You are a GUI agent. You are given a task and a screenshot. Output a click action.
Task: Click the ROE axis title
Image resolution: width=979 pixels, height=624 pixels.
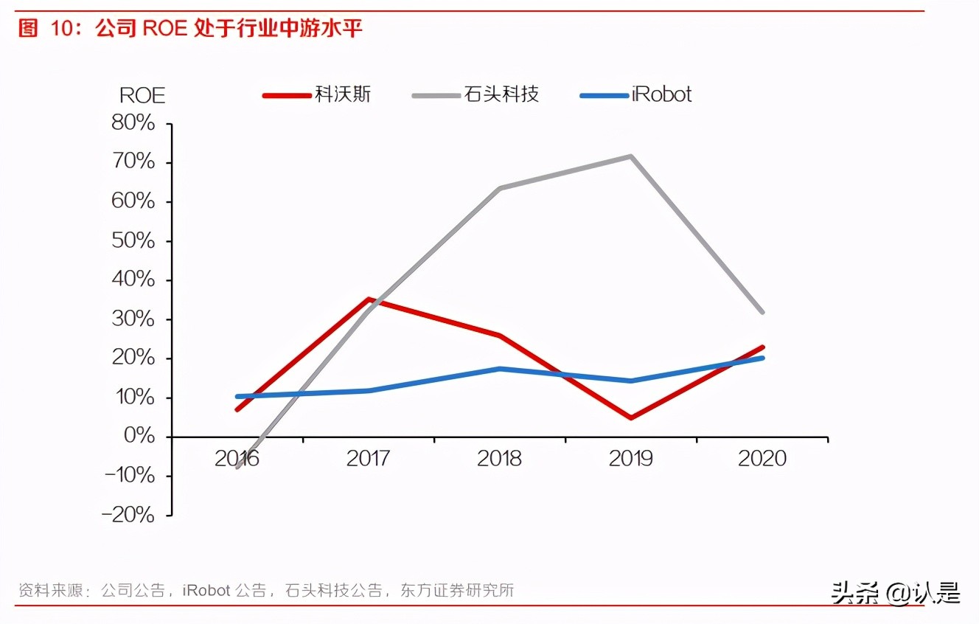[x=142, y=95]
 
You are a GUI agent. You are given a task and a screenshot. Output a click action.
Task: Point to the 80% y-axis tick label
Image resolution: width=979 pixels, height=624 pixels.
[x=133, y=123]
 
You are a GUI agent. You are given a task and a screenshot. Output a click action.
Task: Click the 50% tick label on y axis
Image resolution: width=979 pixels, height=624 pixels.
[x=133, y=241]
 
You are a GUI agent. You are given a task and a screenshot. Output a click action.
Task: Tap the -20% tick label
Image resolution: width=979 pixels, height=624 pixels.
[x=130, y=515]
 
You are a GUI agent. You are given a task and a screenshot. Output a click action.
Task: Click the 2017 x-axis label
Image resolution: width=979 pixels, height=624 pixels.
[x=368, y=458]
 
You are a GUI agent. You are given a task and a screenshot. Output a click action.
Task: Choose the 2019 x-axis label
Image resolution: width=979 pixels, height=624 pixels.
[x=630, y=458]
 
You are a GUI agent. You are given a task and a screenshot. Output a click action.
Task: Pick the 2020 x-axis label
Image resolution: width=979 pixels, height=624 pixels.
[x=762, y=458]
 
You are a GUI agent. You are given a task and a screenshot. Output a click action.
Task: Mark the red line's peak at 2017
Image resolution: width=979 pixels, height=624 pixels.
[x=369, y=299]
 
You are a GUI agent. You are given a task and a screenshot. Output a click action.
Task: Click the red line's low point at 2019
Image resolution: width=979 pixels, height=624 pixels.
[x=631, y=418]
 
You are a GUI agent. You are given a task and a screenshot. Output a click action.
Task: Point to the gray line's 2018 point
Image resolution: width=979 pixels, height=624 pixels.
[x=500, y=188]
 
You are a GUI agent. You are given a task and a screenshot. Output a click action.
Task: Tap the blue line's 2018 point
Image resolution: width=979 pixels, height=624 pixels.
[x=500, y=368]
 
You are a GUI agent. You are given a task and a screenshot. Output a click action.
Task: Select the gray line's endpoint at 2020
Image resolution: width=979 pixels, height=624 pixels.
[x=762, y=312]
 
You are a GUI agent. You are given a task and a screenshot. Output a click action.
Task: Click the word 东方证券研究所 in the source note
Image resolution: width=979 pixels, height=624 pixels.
[x=457, y=590]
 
